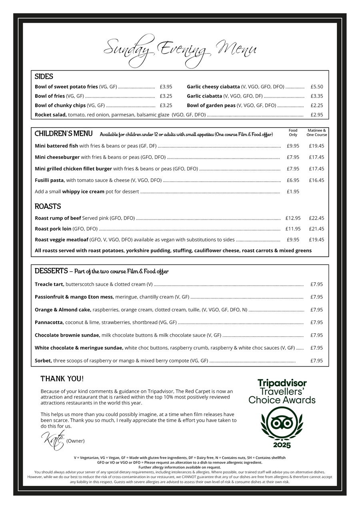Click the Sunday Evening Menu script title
[x=180, y=49]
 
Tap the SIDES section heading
[x=44, y=76]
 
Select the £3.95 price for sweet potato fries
[x=166, y=86]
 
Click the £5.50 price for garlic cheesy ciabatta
[x=316, y=86]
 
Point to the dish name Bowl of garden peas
[x=211, y=105]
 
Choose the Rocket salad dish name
[x=50, y=115]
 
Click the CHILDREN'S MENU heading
[x=63, y=134]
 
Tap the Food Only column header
[x=293, y=132]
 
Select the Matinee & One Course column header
[x=316, y=132]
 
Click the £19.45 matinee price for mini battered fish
[x=316, y=146]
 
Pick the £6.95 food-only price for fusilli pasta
[x=293, y=180]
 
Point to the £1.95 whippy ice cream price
[x=293, y=192]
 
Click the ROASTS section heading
[x=48, y=206]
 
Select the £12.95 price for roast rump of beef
[x=293, y=218]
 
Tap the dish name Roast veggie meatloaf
[x=61, y=240]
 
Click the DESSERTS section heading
[x=51, y=271]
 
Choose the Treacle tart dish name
[x=49, y=284]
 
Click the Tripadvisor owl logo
[x=282, y=423]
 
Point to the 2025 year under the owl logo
[x=282, y=445]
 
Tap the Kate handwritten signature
[x=52, y=440]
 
